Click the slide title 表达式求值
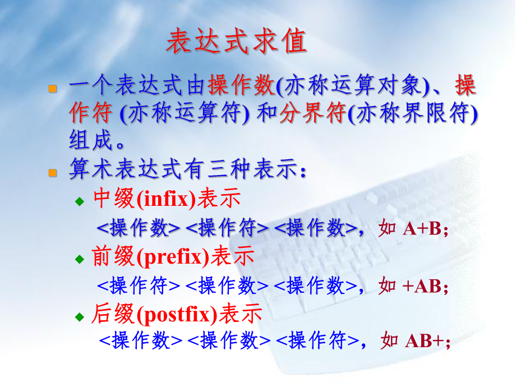click(x=236, y=42)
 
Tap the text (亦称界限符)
click(x=413, y=114)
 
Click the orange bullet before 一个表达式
click(x=53, y=89)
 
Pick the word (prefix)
click(x=172, y=257)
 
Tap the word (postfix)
click(x=177, y=315)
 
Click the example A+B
click(x=422, y=229)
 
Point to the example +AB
click(x=422, y=286)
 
